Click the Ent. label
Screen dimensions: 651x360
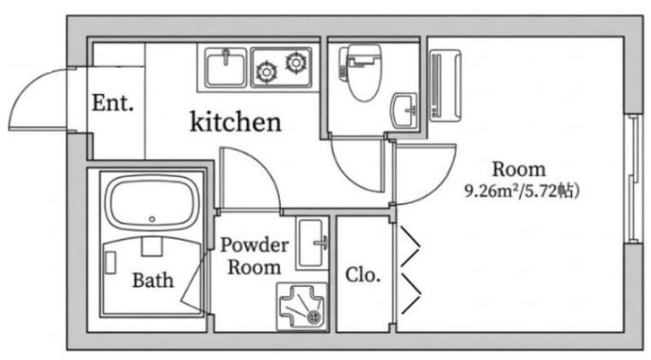[x=113, y=103]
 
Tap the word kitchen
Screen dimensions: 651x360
[x=235, y=122]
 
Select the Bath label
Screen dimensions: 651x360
[x=153, y=280]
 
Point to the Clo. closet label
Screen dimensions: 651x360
[x=363, y=274]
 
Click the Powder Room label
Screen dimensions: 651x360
[x=254, y=256]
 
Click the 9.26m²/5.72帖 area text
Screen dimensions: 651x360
[x=522, y=191]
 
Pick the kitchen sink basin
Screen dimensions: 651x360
[x=226, y=68]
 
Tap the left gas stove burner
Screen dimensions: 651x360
[x=266, y=71]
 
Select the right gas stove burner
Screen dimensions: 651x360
[x=296, y=62]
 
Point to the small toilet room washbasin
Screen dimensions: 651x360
[x=404, y=110]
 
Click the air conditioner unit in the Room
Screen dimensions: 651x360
[x=445, y=86]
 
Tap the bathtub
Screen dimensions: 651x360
[x=152, y=203]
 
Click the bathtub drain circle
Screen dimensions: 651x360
[x=152, y=219]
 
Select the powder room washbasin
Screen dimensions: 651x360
[x=312, y=243]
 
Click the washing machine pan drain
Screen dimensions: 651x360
[x=314, y=317]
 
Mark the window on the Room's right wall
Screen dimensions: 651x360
[x=634, y=178]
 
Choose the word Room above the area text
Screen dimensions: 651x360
[x=519, y=170]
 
